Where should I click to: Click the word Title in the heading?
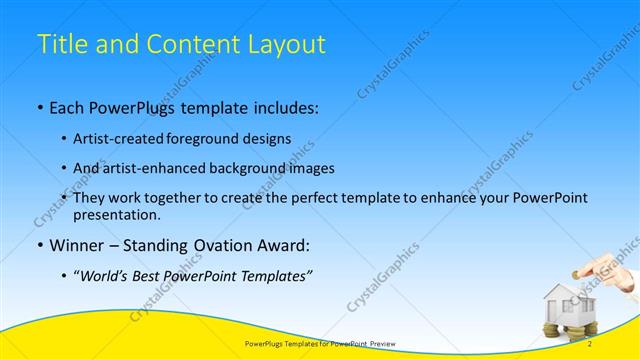coord(60,44)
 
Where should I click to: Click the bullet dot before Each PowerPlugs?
coord(39,106)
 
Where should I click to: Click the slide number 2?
coord(590,344)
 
